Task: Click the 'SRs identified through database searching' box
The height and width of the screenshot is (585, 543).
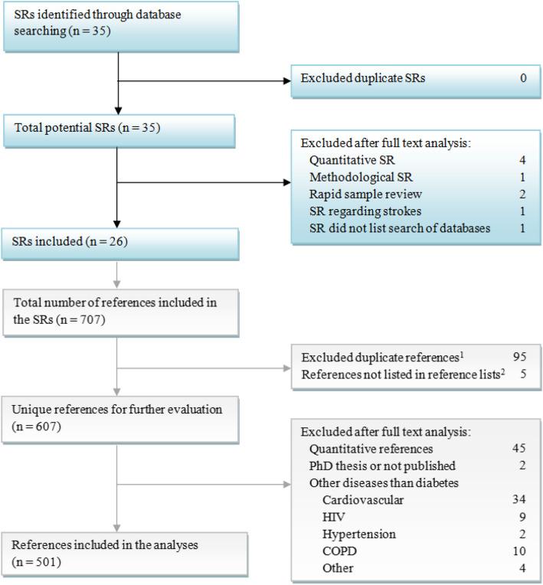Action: [x=119, y=27]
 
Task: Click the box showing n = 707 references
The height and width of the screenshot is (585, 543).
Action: [x=119, y=310]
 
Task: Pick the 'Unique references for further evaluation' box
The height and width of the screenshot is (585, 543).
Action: [x=119, y=417]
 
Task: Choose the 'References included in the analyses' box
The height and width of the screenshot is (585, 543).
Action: [x=119, y=553]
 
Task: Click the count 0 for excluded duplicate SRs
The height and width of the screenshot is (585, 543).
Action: [x=523, y=78]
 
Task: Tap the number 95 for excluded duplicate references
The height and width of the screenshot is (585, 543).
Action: [x=520, y=358]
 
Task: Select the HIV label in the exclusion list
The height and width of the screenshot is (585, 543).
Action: [x=332, y=517]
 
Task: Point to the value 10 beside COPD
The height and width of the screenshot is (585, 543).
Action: [x=520, y=551]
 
